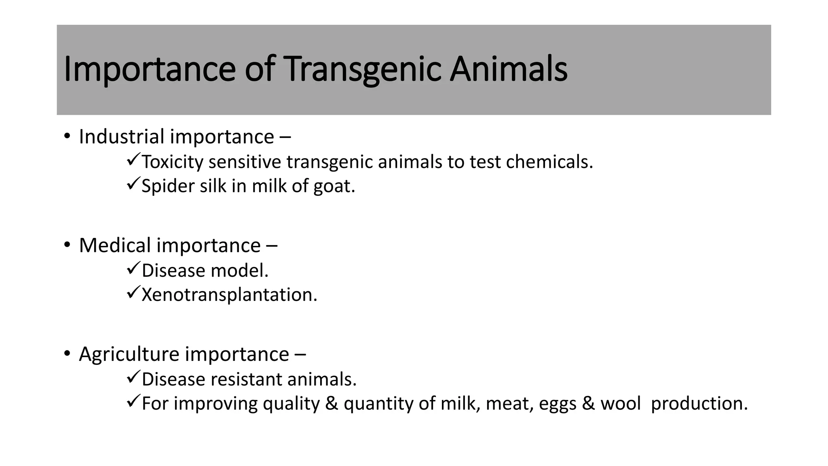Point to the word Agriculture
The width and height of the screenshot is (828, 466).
[x=129, y=354]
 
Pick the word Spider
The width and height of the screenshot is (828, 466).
[x=168, y=186]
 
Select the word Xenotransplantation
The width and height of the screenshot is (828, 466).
[x=229, y=295]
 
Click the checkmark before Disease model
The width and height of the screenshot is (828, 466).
[x=133, y=269]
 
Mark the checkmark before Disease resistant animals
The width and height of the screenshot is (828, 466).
[x=133, y=377]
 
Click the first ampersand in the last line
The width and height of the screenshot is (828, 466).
[x=332, y=404]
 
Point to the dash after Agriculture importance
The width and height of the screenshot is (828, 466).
[x=300, y=355]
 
